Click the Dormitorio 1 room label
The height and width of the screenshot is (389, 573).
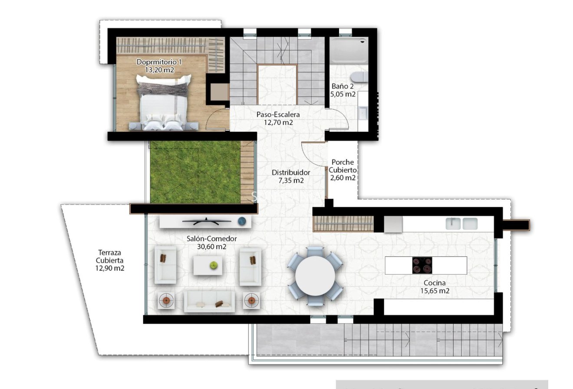pyautogui.click(x=159, y=62)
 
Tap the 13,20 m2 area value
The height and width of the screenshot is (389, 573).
pyautogui.click(x=159, y=69)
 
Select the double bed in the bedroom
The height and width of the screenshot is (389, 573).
pyautogui.click(x=163, y=103)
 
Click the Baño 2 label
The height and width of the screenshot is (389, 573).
pyautogui.click(x=342, y=86)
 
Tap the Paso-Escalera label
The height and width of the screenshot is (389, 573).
pyautogui.click(x=278, y=114)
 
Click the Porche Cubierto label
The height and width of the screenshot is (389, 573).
pyautogui.click(x=342, y=166)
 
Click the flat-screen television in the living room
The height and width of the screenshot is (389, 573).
pyautogui.click(x=207, y=221)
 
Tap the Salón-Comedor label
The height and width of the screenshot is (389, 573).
pyautogui.click(x=211, y=239)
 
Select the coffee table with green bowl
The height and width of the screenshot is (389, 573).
pyautogui.click(x=208, y=265)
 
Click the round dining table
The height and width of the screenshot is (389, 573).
pyautogui.click(x=316, y=276)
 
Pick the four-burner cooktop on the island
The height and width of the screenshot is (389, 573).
pyautogui.click(x=422, y=265)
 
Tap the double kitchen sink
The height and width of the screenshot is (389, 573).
pyautogui.click(x=461, y=223)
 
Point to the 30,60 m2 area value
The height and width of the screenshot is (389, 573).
pyautogui.click(x=211, y=246)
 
